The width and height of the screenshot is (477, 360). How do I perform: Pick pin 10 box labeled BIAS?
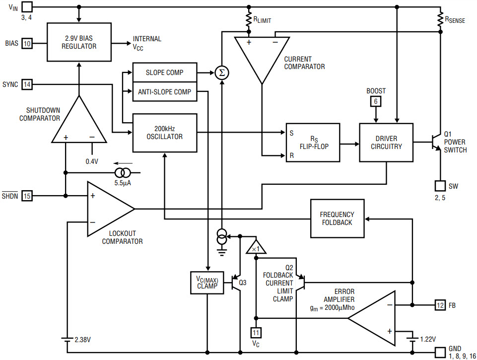tap(27, 44)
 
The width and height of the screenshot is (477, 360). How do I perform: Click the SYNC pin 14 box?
tap(27, 84)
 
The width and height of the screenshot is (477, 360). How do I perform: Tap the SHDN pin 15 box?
tap(27, 196)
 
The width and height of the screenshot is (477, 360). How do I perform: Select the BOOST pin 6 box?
tap(376, 101)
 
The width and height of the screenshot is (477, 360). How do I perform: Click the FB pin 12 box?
tap(440, 305)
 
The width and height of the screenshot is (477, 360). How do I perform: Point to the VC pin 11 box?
tap(256, 333)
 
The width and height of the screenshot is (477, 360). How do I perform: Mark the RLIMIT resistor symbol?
tap(249, 20)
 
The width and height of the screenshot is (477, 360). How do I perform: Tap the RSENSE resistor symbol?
tap(440, 20)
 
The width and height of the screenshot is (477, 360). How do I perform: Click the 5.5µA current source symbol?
tap(123, 173)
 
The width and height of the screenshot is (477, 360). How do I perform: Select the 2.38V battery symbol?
tap(67, 339)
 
